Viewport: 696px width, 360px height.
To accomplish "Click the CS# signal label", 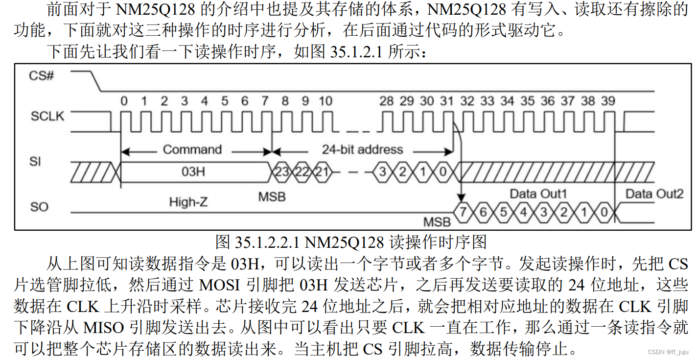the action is tap(41, 76).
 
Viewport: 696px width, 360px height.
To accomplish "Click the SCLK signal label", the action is tap(47, 117).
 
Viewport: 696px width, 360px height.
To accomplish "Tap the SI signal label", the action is tap(35, 162).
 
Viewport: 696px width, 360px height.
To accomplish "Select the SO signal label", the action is tap(39, 207).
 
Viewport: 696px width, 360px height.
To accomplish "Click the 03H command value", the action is tap(193, 171).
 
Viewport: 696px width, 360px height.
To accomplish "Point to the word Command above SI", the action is tap(192, 149).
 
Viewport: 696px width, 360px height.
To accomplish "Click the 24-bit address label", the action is tap(362, 149).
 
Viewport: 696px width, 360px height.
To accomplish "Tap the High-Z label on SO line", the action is tap(188, 202).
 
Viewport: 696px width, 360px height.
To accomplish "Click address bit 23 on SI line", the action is tap(281, 171).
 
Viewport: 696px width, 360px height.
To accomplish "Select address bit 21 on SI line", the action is tap(321, 171).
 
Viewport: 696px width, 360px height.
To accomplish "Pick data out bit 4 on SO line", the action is tap(524, 212).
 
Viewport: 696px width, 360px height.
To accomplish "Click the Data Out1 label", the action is tap(538, 194).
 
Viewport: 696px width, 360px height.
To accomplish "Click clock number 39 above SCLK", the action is tap(608, 101).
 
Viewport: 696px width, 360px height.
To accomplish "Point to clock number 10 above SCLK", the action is tap(325, 101).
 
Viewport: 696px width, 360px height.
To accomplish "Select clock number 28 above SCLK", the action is tap(386, 101).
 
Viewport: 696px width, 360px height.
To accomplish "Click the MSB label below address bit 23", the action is tap(272, 197).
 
